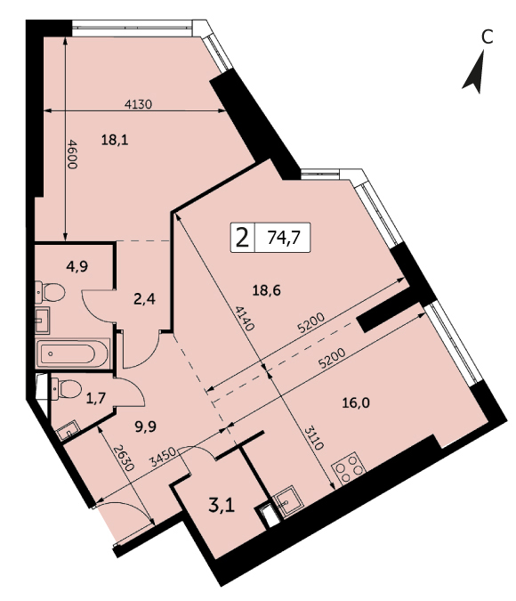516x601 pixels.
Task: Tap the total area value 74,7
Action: (284, 238)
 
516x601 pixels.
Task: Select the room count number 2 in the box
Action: (242, 238)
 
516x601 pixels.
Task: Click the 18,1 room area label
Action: (115, 141)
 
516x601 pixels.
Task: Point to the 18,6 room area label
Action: (267, 290)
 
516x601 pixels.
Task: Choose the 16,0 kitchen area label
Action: (356, 402)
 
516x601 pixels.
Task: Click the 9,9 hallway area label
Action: (146, 426)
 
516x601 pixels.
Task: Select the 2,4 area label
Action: (144, 298)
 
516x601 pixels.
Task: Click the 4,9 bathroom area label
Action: (77, 265)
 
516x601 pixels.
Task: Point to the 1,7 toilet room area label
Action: (95, 398)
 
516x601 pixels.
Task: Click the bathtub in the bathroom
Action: (73, 353)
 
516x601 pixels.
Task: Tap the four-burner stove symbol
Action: (349, 467)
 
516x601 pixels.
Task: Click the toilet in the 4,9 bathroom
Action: (50, 292)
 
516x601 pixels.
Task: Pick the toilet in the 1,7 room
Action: (66, 389)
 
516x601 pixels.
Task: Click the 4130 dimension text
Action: (139, 104)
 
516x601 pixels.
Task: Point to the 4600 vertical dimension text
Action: (72, 154)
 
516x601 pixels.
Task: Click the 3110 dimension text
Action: (314, 438)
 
